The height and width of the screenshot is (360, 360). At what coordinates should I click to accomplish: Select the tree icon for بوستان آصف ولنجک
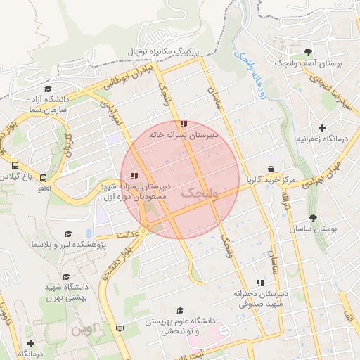pos(308,52)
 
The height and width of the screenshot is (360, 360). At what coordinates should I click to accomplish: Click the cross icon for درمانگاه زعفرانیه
pos(322,128)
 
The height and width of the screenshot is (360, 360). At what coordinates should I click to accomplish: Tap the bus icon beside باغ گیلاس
pos(15,165)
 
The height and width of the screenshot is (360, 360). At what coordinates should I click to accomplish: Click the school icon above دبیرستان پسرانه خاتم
pos(184,124)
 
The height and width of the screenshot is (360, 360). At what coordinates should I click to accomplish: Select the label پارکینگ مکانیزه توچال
pos(164,51)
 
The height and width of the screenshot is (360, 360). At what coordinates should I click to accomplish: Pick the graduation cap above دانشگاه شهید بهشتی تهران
pos(66,277)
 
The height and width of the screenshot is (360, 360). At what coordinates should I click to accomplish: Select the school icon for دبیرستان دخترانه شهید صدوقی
pos(261,283)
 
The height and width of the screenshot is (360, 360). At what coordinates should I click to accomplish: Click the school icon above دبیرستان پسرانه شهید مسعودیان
pos(134,176)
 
